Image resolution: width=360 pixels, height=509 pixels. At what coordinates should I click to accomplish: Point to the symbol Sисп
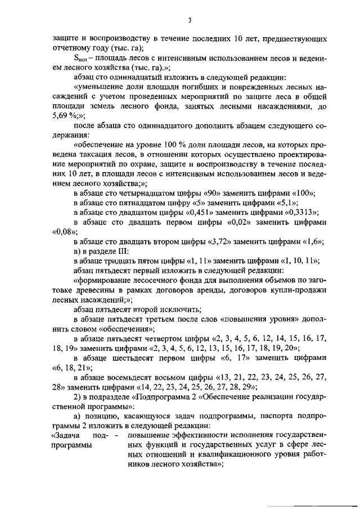pyautogui.click(x=82, y=58)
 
